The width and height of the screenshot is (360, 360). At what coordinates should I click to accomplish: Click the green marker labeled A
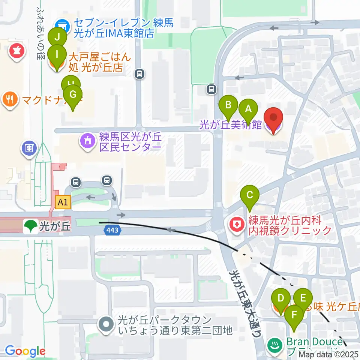248,109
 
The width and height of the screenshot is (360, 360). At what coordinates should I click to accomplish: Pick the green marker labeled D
280,298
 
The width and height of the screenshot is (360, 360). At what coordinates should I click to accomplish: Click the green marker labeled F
294,315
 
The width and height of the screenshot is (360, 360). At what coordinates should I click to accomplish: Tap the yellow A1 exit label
63,203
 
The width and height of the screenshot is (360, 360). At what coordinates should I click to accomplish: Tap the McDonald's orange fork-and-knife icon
10,99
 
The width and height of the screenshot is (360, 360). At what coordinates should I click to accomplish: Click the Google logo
25,351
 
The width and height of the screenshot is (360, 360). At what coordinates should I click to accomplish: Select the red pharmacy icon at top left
16,50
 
